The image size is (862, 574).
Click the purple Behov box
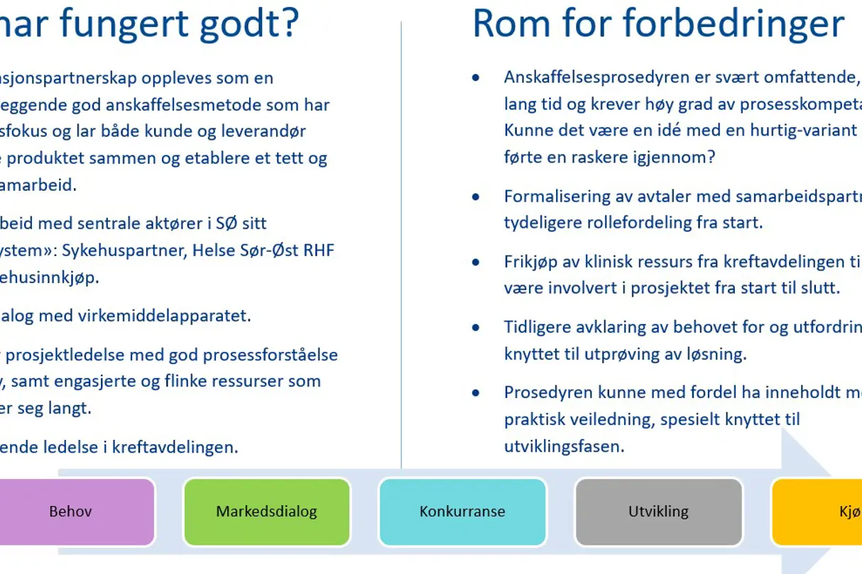coord(71,512)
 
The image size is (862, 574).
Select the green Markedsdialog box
coord(267,512)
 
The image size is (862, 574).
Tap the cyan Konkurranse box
coord(462,512)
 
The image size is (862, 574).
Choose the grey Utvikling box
coord(658,512)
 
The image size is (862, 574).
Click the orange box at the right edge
coord(817,512)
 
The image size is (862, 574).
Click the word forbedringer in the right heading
coord(733,23)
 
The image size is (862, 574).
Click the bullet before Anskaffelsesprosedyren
coord(476,77)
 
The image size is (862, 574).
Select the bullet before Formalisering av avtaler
coord(476,197)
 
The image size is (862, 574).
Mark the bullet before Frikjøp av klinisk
coord(476,263)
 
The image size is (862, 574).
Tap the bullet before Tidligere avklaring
coord(476,328)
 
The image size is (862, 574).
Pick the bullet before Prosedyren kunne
coord(476,393)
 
